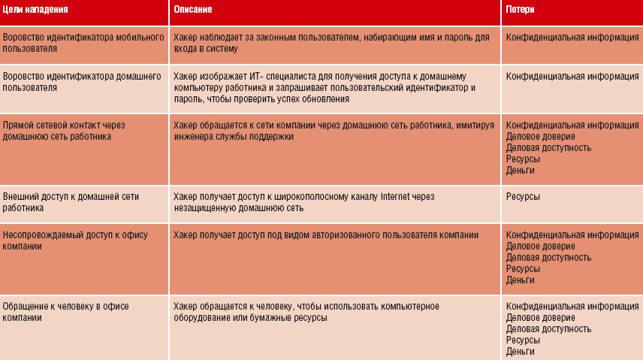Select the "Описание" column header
(x=193, y=10)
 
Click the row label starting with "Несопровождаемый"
(x=75, y=241)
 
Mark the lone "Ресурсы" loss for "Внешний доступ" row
(x=523, y=196)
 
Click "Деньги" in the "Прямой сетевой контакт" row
(x=521, y=171)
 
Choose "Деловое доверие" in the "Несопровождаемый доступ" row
(x=540, y=246)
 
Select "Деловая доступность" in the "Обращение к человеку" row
(x=548, y=328)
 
